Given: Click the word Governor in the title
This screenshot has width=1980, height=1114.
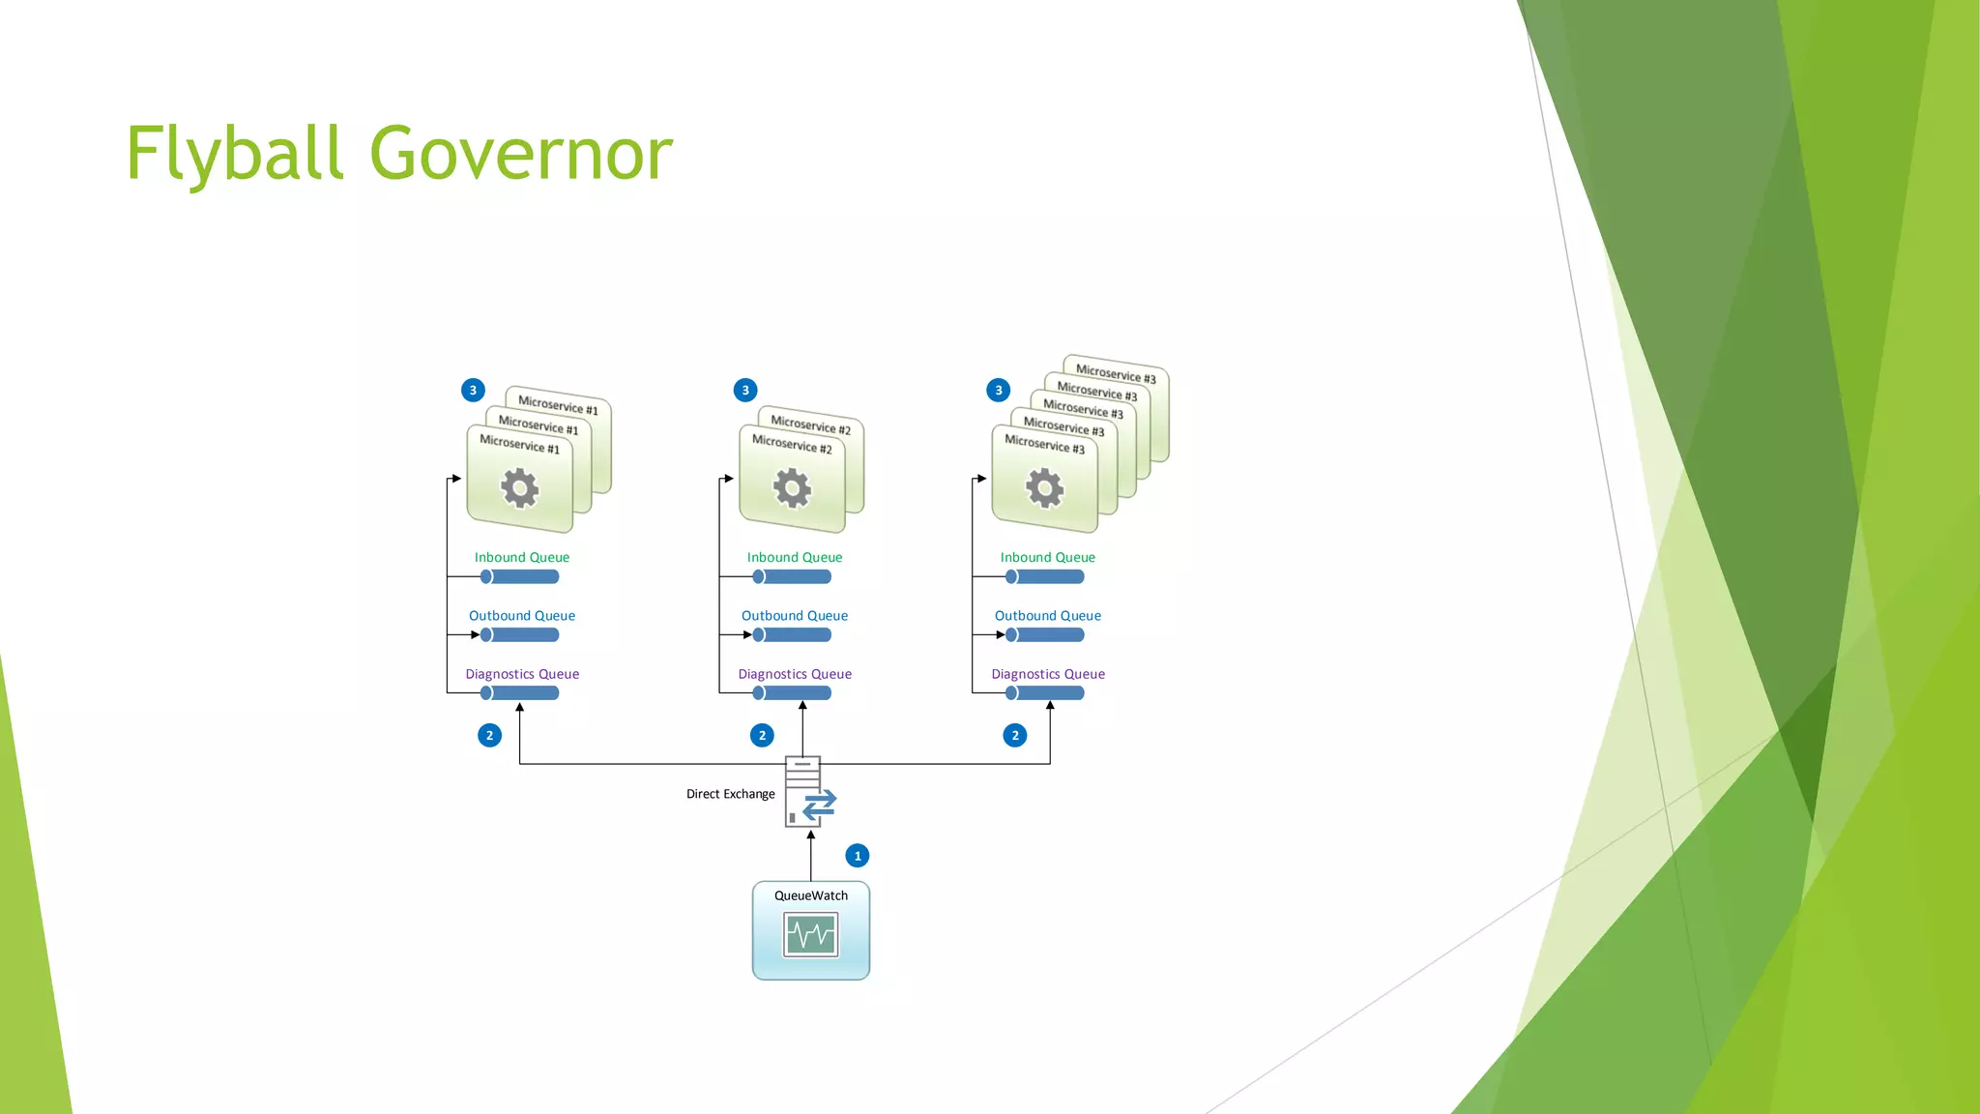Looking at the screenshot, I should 521,155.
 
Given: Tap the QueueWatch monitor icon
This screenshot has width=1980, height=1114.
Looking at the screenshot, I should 811,935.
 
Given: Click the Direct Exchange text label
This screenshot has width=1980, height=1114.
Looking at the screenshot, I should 730,794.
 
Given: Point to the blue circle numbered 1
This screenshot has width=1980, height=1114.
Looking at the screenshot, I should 858,856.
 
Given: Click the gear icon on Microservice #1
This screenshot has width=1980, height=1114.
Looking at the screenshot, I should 520,488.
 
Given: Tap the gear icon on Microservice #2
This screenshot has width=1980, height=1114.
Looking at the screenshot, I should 792,488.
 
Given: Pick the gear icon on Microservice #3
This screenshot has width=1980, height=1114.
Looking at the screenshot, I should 1044,488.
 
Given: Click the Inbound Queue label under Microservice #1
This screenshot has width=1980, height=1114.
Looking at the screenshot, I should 522,557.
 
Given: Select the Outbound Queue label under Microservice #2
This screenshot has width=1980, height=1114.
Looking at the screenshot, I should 795,616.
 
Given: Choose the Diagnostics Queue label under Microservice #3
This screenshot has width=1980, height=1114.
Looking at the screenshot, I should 1048,674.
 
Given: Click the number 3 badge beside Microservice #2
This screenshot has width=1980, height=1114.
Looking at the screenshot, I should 745,391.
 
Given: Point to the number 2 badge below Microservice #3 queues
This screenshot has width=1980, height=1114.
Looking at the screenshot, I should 1015,736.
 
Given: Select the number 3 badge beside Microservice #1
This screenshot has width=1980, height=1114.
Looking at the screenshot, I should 473,391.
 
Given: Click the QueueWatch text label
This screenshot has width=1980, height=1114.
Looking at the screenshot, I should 811,895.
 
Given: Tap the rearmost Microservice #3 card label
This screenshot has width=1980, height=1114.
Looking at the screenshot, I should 1116,373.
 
